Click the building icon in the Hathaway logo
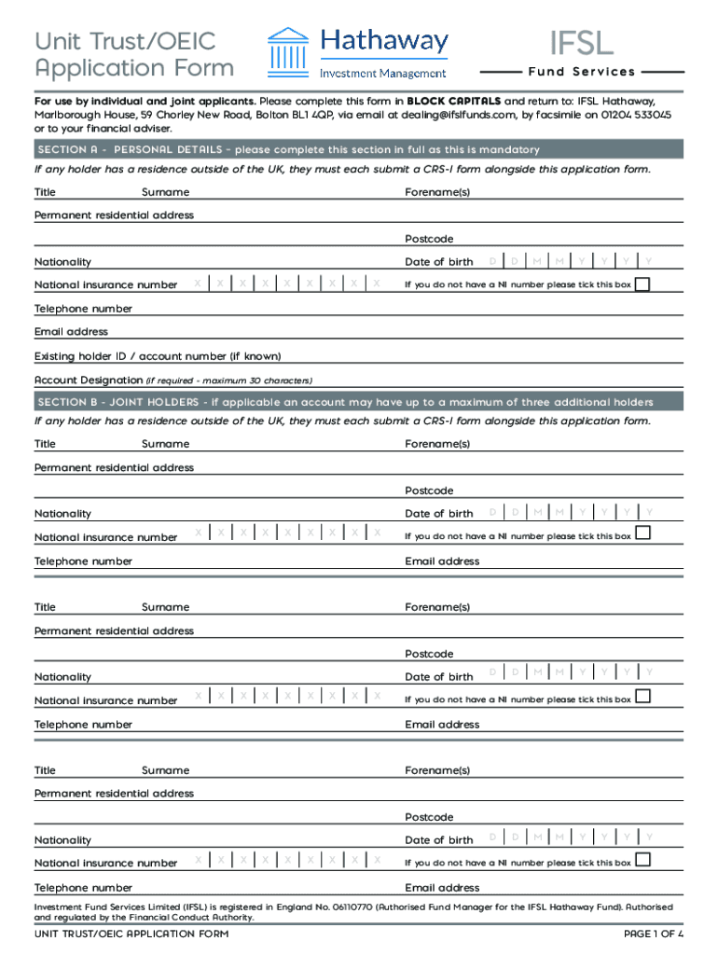pos(289,53)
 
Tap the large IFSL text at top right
pos(581,43)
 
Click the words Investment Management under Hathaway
pos(383,74)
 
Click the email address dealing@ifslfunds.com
pos(458,115)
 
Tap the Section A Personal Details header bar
pos(359,149)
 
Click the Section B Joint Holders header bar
pos(359,402)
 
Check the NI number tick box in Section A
pos(642,284)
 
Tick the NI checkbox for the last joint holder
pos(642,859)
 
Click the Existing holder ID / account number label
pos(158,356)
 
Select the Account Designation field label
pos(89,381)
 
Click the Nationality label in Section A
pos(62,262)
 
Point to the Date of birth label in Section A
pos(438,262)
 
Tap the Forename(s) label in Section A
pos(437,192)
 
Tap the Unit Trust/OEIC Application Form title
pos(134,54)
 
